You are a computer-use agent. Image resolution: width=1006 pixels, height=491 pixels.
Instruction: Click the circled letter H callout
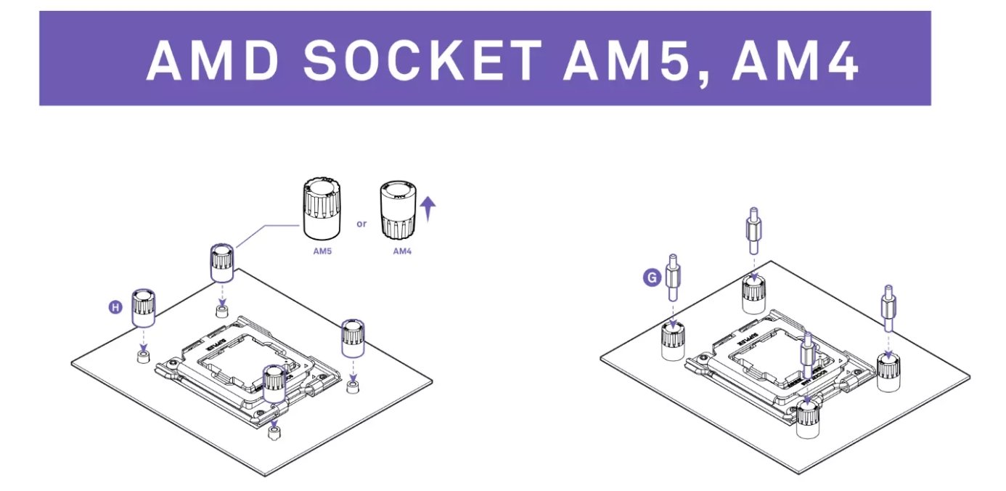click(115, 308)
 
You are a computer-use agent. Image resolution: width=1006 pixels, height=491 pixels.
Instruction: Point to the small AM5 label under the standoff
click(321, 251)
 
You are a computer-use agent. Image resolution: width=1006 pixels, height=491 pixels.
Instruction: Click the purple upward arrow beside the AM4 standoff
click(428, 210)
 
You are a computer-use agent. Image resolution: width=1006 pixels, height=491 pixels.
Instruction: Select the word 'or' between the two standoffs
click(361, 224)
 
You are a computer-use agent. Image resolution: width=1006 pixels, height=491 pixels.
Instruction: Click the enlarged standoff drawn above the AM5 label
click(321, 209)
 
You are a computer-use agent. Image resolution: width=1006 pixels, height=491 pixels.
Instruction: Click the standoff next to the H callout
click(143, 308)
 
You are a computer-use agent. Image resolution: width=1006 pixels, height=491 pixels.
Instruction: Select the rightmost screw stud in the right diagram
click(888, 310)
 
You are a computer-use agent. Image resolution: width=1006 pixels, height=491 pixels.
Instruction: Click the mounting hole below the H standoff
click(144, 355)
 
